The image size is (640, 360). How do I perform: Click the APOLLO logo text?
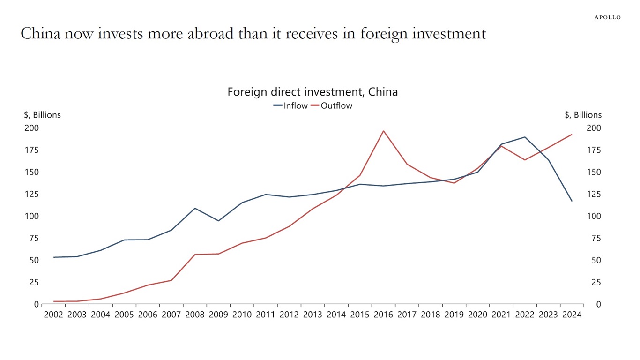607,17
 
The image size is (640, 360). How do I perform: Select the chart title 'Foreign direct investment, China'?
313,92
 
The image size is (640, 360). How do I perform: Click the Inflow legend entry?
291,106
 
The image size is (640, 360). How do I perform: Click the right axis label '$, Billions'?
583,115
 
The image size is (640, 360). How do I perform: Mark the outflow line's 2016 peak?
384,131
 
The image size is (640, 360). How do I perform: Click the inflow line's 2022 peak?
525,137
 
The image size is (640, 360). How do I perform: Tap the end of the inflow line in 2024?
572,201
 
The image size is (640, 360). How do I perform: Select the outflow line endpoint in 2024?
572,135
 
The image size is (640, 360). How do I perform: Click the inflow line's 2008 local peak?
195,208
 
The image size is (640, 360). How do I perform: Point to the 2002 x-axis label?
53,315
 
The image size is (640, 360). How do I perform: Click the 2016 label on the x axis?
383,315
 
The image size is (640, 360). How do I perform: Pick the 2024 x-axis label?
572,315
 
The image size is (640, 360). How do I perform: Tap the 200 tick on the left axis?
31,128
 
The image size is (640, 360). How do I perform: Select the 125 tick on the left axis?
31,194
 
